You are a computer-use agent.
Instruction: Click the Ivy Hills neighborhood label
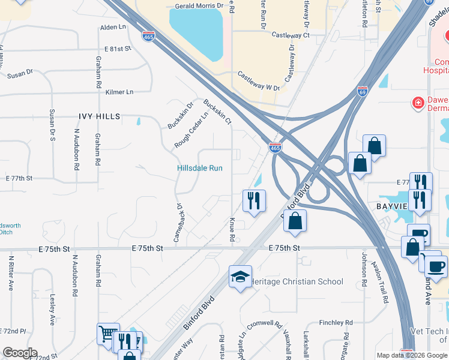99,116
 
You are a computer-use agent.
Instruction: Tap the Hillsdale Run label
200,168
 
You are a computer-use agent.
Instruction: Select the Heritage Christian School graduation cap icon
240,277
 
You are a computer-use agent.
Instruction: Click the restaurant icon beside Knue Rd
254,200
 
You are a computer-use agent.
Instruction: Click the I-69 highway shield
361,91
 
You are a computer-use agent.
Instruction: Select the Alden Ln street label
113,28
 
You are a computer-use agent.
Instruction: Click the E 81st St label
118,49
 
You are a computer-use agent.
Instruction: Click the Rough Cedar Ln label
191,130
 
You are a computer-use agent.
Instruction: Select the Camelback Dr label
178,223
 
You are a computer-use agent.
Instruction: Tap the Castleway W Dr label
259,81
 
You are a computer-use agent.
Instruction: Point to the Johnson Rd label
364,265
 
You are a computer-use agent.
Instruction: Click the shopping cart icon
108,333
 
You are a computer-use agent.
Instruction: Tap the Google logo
20,353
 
